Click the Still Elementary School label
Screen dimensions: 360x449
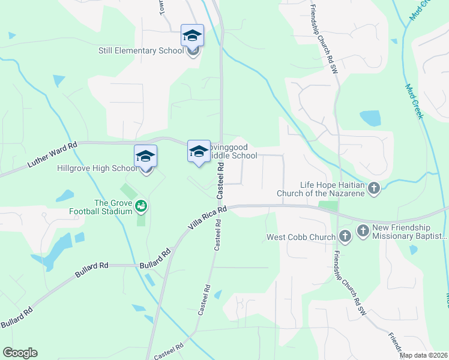tap(141, 50)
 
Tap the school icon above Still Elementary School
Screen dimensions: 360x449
tap(192, 35)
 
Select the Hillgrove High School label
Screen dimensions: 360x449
tap(97, 169)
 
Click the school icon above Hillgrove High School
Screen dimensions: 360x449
tap(145, 156)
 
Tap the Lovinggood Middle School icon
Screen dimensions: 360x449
tap(199, 151)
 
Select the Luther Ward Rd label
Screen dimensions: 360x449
tap(52, 154)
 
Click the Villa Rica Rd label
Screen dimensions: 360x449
tap(205, 218)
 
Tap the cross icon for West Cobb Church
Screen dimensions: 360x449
tap(345, 236)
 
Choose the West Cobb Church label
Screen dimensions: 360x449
tap(301, 238)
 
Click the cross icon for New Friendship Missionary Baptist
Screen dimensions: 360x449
tap(363, 230)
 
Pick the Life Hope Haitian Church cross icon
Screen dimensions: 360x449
tap(373, 189)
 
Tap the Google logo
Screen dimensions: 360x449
tap(20, 353)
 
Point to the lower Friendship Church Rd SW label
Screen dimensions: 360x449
tap(349, 281)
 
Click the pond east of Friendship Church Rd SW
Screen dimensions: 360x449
tap(370, 118)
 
